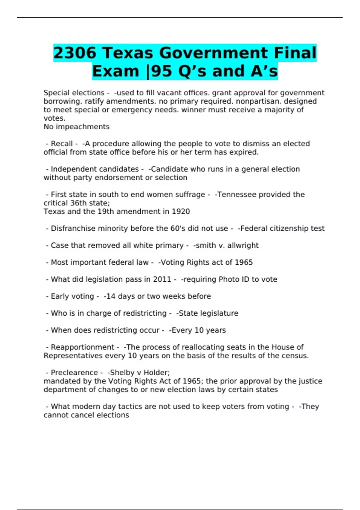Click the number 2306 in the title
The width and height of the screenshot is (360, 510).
(x=75, y=53)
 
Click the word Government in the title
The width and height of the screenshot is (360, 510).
(x=213, y=53)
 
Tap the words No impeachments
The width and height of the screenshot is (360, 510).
(x=76, y=127)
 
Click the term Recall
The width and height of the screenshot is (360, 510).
(x=62, y=144)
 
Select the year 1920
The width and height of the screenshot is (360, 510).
(x=181, y=211)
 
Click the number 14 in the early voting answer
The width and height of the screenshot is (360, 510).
(x=111, y=296)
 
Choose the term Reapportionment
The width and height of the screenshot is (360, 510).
(x=82, y=347)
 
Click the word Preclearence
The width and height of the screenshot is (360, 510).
(x=74, y=373)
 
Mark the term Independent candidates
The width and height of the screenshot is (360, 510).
(x=95, y=169)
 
